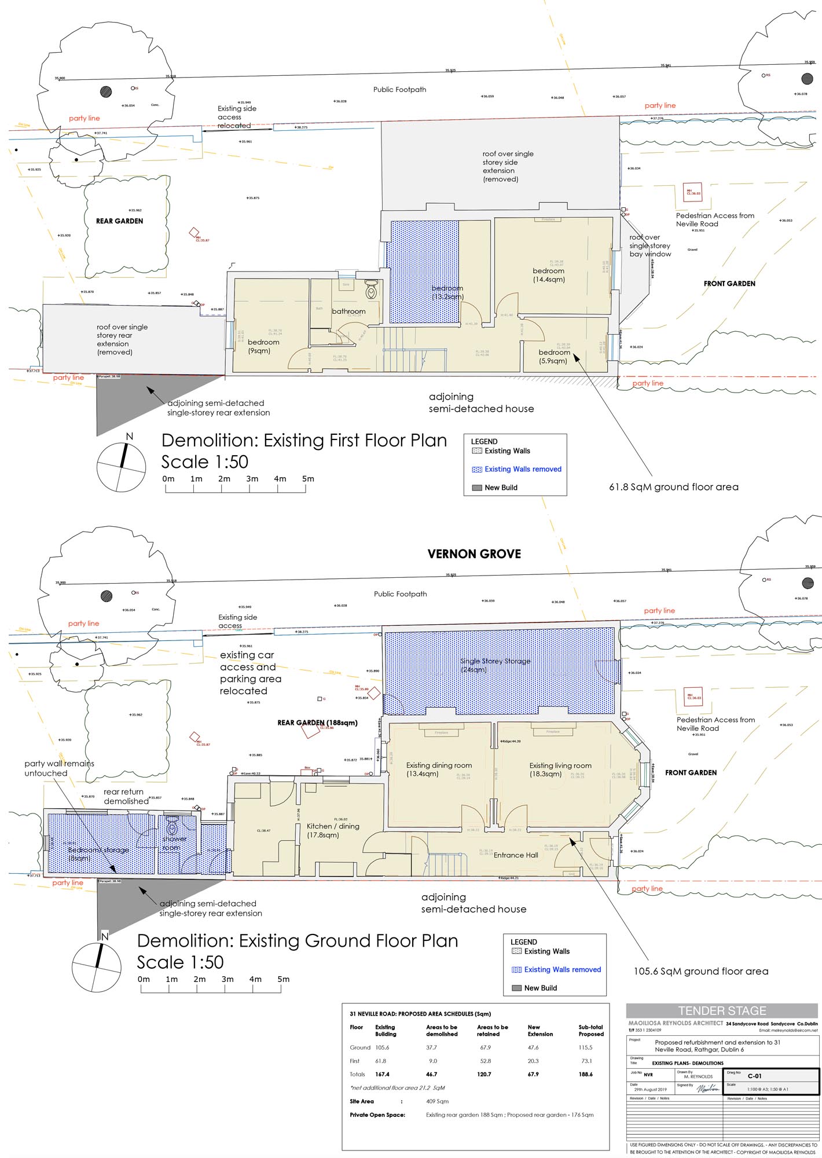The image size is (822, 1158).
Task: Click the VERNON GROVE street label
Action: [x=474, y=554]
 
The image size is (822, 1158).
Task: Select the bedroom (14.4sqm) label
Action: [x=548, y=275]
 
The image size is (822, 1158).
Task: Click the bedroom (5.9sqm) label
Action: [x=554, y=356]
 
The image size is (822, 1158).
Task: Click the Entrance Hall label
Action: [x=516, y=855]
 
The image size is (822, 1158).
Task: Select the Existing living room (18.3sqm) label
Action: [x=560, y=769]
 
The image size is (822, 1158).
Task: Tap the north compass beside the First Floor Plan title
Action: [x=121, y=467]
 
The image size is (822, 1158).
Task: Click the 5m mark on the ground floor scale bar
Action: [x=283, y=980]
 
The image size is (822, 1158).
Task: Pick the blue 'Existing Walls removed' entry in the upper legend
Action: [x=522, y=469]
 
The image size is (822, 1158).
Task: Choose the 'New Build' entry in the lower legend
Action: [x=540, y=988]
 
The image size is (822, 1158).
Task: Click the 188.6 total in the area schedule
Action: [x=585, y=1074]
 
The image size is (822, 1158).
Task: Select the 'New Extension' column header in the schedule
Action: [x=540, y=1030]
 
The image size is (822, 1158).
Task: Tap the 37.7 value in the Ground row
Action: [x=431, y=1047]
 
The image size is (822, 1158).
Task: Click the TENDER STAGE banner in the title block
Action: [x=722, y=1011]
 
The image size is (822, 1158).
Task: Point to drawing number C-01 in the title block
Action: [x=754, y=1076]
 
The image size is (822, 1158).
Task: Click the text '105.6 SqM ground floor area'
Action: [x=700, y=971]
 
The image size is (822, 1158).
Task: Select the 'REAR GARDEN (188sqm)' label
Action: [x=317, y=723]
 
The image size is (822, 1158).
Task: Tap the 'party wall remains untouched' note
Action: [x=58, y=768]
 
